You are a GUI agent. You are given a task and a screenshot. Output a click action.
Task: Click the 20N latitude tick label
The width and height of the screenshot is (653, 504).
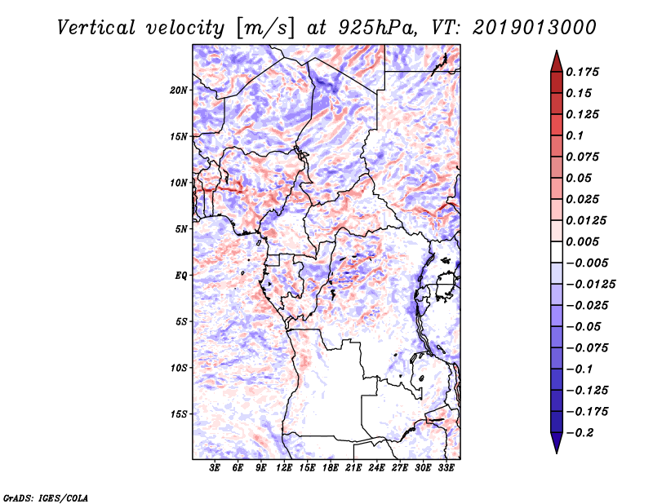(x=178, y=91)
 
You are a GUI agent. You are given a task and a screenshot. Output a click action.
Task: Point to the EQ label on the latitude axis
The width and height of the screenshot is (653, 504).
(x=180, y=276)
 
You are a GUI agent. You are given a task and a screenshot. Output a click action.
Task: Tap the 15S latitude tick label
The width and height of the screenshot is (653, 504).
(x=179, y=414)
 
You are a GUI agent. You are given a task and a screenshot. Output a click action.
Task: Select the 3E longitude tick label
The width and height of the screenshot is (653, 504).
(x=215, y=468)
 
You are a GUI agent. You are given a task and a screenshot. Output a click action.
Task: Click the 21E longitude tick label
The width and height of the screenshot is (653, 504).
(x=353, y=468)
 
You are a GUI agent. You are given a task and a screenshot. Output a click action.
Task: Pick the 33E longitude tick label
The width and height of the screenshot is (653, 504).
(x=446, y=468)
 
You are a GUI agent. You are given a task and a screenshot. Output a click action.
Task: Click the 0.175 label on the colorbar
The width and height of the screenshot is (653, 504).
(x=582, y=72)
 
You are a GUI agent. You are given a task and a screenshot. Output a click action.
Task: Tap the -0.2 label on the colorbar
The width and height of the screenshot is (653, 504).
(x=580, y=433)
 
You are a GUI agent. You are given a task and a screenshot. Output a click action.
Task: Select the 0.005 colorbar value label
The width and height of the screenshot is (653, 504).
(x=582, y=241)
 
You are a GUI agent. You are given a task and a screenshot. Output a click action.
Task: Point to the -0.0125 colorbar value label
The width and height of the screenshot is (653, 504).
(x=590, y=285)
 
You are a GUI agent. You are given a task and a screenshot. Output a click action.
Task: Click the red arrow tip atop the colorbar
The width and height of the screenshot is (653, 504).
(x=557, y=51)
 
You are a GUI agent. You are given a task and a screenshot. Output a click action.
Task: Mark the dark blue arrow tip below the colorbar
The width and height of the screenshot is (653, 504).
(x=557, y=453)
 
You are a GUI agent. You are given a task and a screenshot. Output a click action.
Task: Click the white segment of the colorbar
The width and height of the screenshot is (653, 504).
(x=557, y=252)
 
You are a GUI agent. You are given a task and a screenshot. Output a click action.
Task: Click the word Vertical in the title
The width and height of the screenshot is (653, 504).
(x=96, y=28)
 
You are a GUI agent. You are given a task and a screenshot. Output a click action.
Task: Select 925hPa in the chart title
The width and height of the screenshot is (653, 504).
(x=376, y=28)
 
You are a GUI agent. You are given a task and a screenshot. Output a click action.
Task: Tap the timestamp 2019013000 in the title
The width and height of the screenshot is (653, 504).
(x=535, y=28)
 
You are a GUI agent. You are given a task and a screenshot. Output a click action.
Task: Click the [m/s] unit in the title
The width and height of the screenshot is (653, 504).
(x=265, y=29)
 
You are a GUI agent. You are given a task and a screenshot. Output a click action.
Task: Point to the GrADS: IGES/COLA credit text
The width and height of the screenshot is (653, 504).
(x=46, y=497)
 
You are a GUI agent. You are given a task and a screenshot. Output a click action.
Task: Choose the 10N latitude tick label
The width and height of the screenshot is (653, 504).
(x=178, y=183)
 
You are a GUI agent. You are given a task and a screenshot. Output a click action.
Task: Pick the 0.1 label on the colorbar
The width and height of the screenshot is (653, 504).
(x=575, y=135)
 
